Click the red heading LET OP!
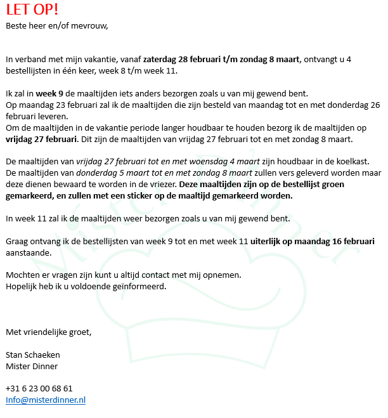click(32, 11)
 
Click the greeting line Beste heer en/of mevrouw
click(57, 26)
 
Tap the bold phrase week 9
click(49, 93)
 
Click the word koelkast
click(360, 161)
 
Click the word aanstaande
click(27, 252)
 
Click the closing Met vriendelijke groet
click(48, 332)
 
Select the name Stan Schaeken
click(32, 355)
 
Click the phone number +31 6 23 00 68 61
click(39, 388)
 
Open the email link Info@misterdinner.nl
click(46, 400)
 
